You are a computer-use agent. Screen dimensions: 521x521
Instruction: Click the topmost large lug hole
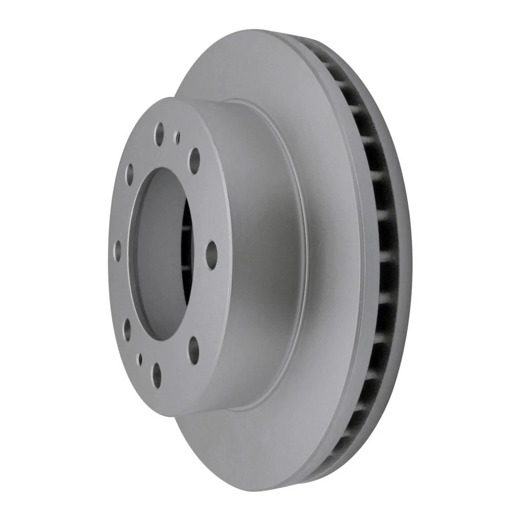coord(159,133)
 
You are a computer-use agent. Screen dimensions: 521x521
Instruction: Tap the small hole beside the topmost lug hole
coord(177,137)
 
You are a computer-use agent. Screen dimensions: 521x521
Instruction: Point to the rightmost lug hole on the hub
coord(211,254)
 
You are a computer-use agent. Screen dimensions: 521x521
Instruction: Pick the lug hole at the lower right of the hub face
coord(194,350)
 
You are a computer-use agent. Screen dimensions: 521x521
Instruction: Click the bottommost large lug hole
coord(157,374)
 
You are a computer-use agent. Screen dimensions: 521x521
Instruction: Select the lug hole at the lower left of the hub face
coord(127,329)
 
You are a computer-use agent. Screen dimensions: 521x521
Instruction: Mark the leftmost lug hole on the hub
coord(118,251)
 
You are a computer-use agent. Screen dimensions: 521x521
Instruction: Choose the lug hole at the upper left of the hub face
coord(130,174)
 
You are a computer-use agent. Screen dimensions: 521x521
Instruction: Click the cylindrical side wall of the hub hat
coord(260,255)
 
